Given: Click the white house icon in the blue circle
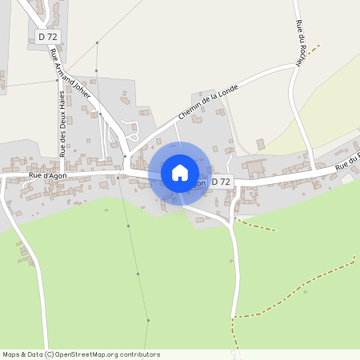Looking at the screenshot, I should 180,172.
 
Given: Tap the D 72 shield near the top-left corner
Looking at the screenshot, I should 47,37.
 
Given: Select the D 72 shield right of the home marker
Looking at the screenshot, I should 222,182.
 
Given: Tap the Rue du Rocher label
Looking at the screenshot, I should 301,44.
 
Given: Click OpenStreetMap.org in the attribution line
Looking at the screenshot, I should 96,354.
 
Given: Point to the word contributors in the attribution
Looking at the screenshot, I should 141,354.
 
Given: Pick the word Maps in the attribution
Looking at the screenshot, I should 11,354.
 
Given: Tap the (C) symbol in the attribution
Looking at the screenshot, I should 50,354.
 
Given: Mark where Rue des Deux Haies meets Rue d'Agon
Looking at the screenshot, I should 62,171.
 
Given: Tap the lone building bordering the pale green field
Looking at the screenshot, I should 260,144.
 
